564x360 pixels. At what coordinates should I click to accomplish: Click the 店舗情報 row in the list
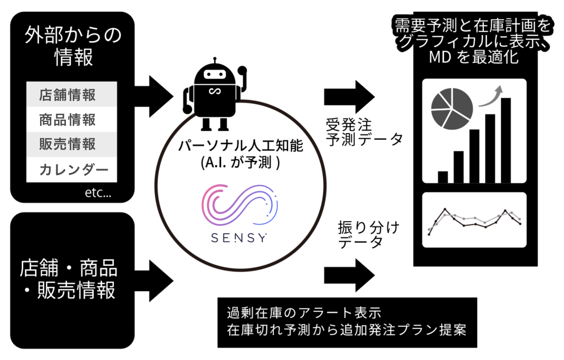click(72, 94)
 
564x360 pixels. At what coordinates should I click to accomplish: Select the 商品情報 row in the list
click(72, 120)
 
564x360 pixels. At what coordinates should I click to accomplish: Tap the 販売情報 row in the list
click(72, 144)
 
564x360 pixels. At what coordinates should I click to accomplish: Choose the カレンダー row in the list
click(72, 170)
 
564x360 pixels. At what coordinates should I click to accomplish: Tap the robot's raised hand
click(242, 72)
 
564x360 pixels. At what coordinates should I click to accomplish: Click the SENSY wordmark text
click(239, 236)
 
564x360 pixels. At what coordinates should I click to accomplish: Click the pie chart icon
click(452, 107)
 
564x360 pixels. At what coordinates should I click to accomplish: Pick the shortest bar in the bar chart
click(443, 177)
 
